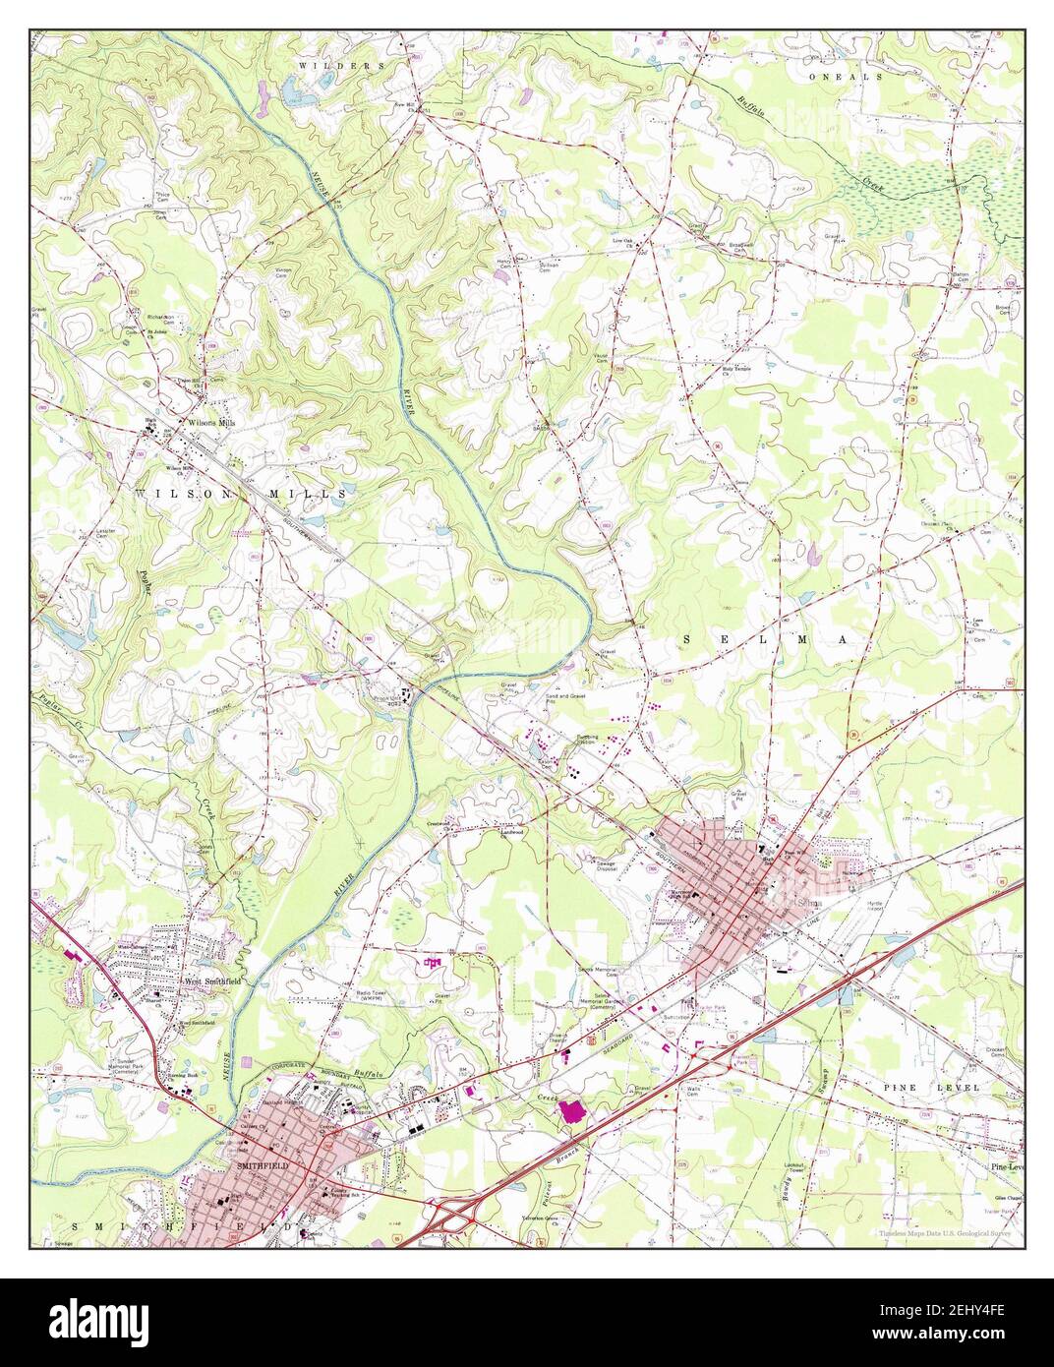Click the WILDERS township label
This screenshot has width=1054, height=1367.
point(343,65)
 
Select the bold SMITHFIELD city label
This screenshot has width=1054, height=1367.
point(263,1166)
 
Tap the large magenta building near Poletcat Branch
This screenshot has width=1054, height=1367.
point(570,1114)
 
